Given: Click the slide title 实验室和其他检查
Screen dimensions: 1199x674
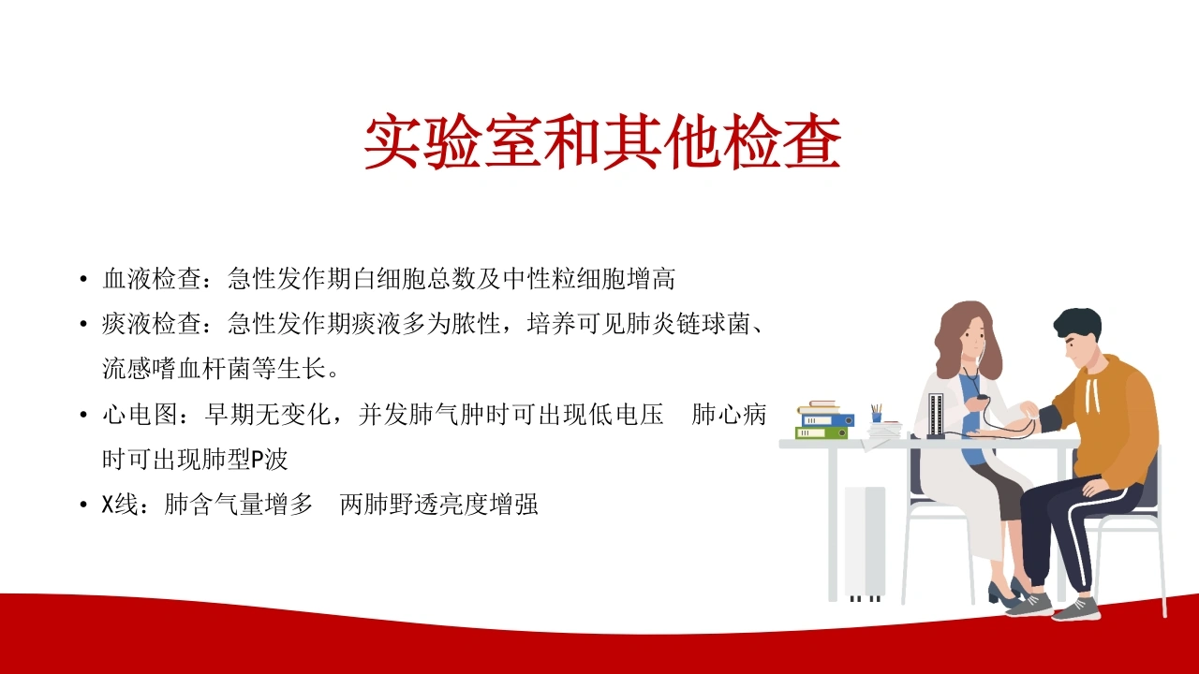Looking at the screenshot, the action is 602,140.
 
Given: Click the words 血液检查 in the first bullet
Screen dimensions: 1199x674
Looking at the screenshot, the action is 152,279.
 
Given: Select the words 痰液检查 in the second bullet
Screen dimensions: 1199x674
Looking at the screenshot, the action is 152,324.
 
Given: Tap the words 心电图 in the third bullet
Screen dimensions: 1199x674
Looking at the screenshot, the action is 140,415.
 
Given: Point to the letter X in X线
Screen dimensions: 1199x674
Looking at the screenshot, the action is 108,505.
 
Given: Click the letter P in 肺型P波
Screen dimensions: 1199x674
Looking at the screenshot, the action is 257,460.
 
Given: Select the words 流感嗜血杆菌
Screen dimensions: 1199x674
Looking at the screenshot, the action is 177,369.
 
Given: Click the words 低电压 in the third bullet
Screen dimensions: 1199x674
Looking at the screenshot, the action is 627,415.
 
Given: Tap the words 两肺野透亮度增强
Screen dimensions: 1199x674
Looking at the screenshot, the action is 439,505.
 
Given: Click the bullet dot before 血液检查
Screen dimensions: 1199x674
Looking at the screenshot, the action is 83,279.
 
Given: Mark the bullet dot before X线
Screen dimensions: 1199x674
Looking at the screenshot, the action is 83,505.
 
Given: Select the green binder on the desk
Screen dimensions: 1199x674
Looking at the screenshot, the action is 822,432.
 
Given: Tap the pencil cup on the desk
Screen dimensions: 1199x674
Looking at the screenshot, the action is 876,414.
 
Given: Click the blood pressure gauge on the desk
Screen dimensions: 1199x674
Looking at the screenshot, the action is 936,416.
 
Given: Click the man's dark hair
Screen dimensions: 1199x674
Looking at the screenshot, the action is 1078,325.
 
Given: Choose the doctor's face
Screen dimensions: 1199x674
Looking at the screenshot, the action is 973,337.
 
